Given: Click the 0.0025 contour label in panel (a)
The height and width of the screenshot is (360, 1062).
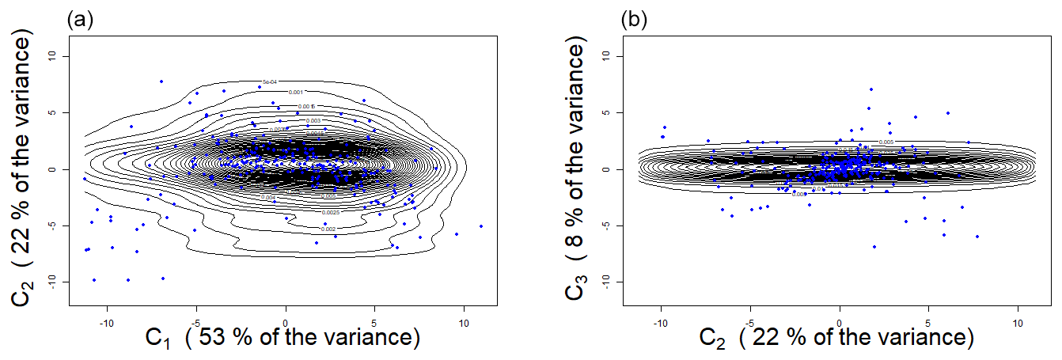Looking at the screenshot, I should (332, 213).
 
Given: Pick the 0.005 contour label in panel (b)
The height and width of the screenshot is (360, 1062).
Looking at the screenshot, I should (886, 142).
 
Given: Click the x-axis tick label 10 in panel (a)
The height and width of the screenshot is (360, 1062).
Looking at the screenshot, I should (464, 323).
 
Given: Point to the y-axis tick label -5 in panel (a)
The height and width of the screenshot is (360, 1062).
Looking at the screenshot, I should (52, 225).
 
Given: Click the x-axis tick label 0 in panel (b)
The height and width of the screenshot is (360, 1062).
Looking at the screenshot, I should (840, 323).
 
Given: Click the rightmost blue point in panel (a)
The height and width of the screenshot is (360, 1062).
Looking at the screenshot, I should (480, 226).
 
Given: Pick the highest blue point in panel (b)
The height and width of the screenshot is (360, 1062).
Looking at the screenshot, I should (871, 89).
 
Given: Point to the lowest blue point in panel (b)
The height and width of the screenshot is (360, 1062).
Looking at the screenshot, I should (874, 247).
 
